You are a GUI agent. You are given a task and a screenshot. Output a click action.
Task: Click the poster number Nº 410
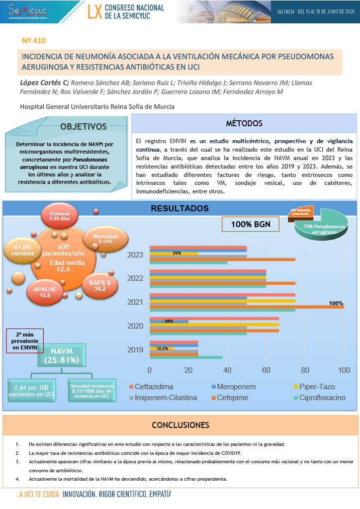[x=34, y=39]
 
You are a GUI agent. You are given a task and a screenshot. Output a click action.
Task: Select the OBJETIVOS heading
[x=84, y=127]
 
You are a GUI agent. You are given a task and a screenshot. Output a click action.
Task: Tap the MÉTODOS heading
[x=244, y=123]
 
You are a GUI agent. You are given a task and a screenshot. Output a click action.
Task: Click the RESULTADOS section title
[x=180, y=208]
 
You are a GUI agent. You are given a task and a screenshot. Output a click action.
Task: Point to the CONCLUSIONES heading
[x=180, y=425]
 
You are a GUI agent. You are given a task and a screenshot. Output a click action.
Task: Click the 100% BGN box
[x=251, y=224]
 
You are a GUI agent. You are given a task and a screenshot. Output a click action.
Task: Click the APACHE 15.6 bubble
[x=45, y=292]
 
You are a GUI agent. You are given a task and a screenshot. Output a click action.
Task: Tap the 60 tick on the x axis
[x=266, y=370]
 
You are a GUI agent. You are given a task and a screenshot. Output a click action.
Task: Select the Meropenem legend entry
[x=234, y=387]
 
